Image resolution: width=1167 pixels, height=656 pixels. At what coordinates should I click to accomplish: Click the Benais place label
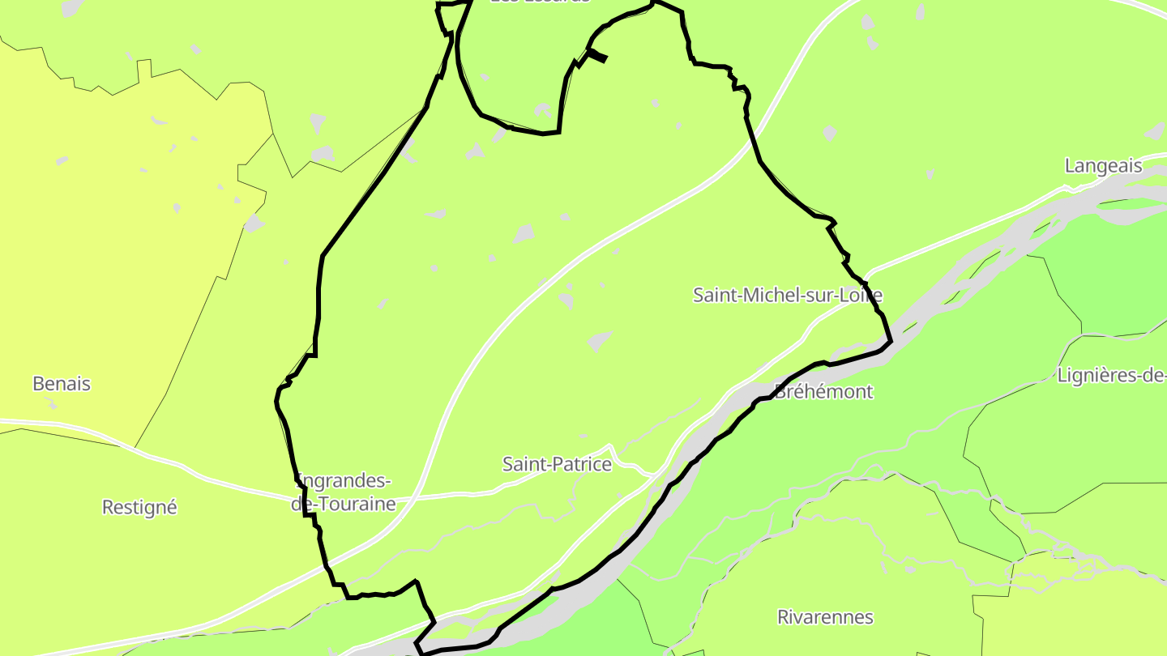pyautogui.click(x=62, y=384)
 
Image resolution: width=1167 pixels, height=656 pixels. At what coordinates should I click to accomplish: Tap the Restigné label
pyautogui.click(x=139, y=508)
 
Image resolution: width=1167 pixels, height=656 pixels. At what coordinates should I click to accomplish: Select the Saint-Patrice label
pyautogui.click(x=557, y=465)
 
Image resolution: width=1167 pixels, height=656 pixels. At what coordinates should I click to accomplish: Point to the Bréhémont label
pyautogui.click(x=823, y=392)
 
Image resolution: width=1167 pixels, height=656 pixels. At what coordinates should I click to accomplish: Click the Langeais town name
pyautogui.click(x=1103, y=167)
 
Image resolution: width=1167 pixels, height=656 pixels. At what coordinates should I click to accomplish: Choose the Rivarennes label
pyautogui.click(x=825, y=617)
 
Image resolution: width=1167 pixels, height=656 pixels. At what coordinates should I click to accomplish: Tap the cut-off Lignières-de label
pyautogui.click(x=1111, y=376)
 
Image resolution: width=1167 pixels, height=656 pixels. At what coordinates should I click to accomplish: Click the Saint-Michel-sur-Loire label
pyautogui.click(x=787, y=296)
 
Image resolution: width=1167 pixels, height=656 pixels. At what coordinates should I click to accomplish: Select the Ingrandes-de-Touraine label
pyautogui.click(x=344, y=492)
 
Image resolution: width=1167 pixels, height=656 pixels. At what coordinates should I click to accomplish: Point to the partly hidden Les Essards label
pyautogui.click(x=540, y=2)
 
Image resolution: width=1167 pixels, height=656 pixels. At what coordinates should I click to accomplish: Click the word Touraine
pyautogui.click(x=357, y=505)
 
